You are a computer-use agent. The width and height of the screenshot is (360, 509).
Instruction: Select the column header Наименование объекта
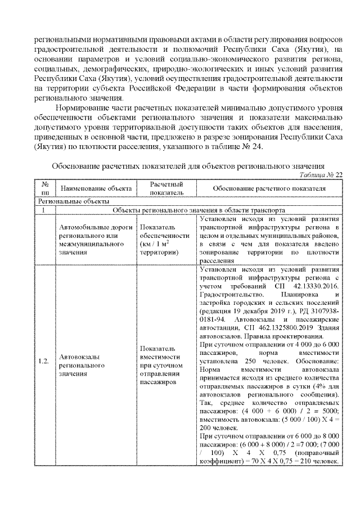(96, 187)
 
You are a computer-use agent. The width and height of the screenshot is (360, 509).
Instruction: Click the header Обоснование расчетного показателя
(269, 187)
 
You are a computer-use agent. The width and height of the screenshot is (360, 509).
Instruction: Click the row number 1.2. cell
(44, 361)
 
